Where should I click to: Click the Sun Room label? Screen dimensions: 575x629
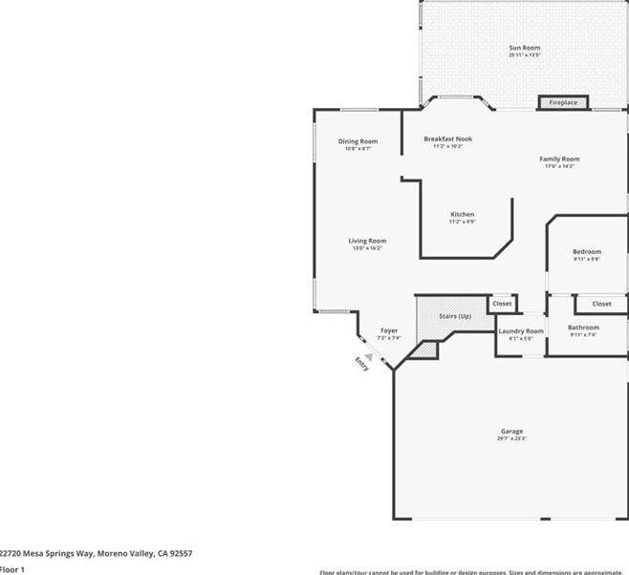click(524, 48)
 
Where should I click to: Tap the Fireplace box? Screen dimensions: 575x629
click(562, 102)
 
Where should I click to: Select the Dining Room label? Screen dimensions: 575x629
click(358, 141)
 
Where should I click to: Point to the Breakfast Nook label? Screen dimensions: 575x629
click(447, 138)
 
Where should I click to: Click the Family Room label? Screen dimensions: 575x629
click(559, 159)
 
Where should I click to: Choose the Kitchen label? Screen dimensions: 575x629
click(462, 214)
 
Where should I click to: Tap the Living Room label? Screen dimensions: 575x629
click(367, 241)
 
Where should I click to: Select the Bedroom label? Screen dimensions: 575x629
click(587, 251)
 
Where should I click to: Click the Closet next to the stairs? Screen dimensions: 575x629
click(502, 304)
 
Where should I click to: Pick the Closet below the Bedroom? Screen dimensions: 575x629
click(601, 304)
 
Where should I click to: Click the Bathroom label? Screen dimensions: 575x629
click(583, 327)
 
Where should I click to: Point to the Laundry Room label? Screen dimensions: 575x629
click(521, 330)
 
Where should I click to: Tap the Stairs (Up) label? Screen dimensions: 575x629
click(455, 316)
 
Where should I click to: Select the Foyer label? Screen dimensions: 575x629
click(389, 330)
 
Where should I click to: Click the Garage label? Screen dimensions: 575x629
click(511, 431)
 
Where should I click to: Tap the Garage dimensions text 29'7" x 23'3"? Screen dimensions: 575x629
click(511, 438)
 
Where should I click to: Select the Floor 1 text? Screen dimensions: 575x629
click(12, 569)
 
